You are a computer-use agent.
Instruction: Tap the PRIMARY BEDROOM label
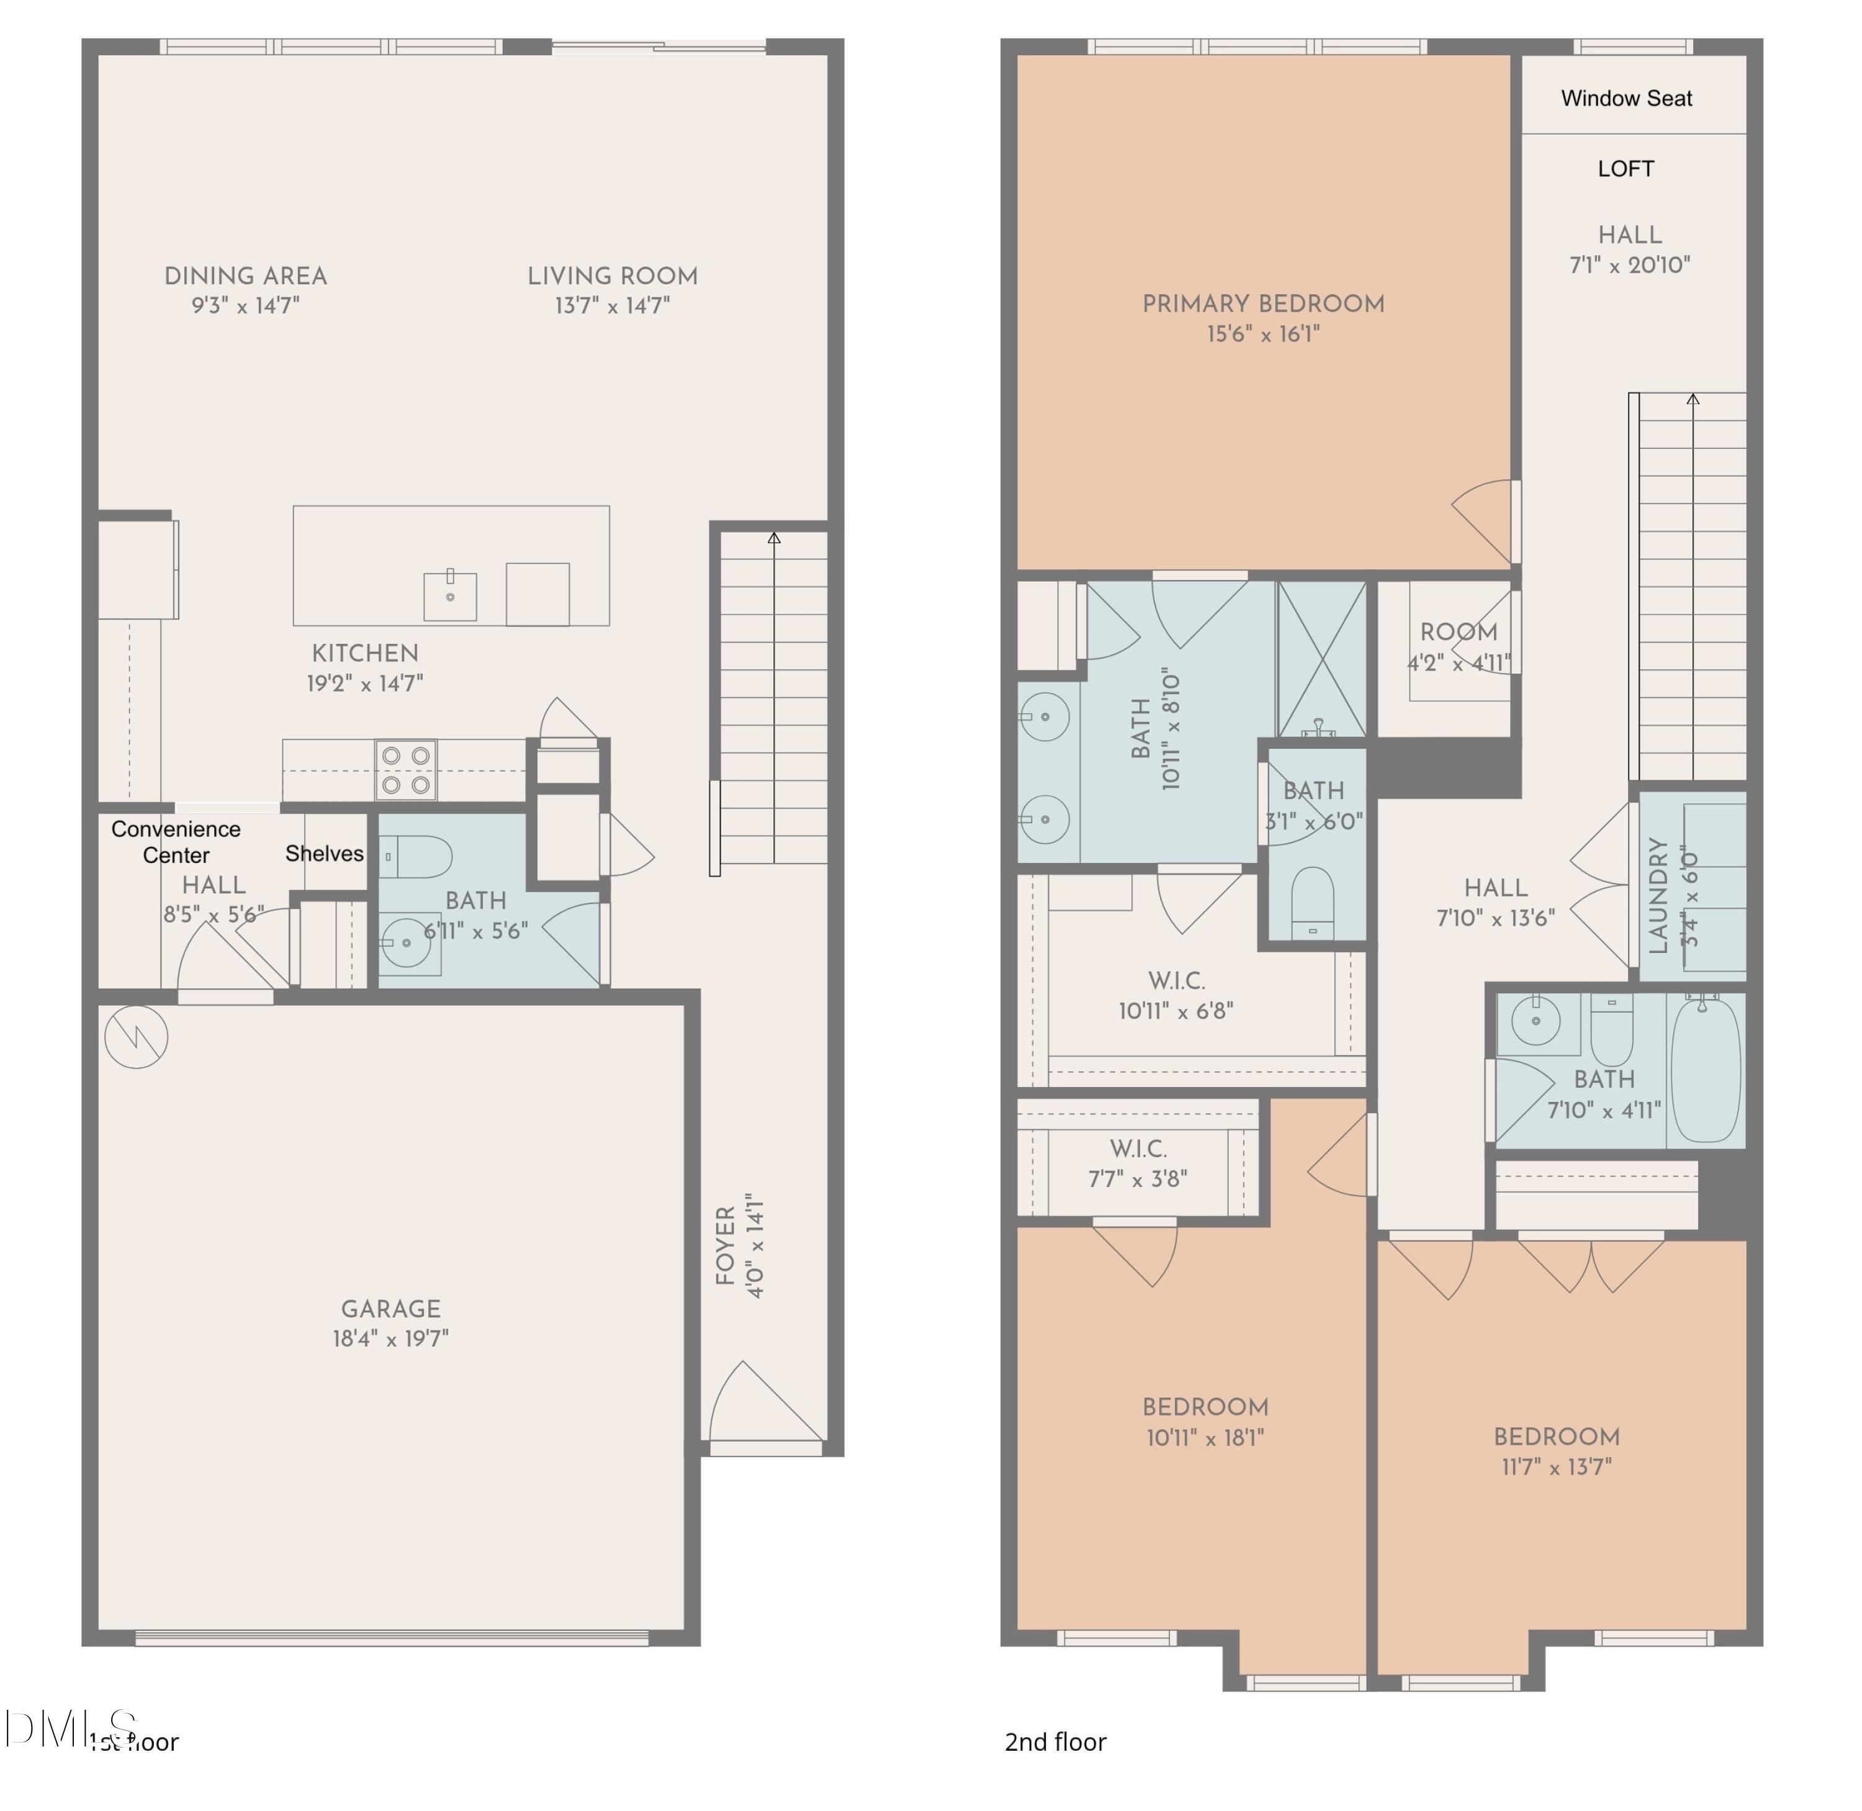(x=1263, y=304)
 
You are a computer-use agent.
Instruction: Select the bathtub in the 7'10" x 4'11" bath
(x=1706, y=1070)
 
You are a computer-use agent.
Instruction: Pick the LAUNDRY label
(x=1658, y=895)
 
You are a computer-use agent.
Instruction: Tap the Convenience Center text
(x=176, y=842)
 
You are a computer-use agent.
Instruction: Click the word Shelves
(x=324, y=853)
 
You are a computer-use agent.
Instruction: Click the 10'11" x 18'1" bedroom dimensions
(x=1205, y=1437)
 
